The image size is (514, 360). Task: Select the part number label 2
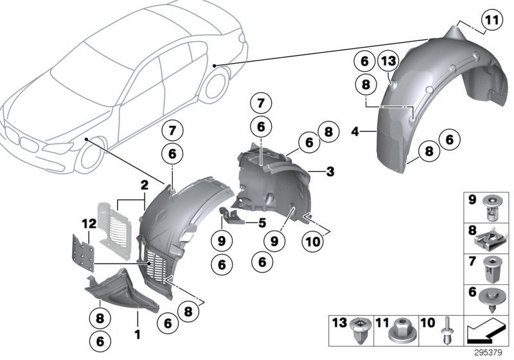[145, 184]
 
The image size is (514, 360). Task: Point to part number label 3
[330, 172]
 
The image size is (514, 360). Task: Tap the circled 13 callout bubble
[389, 61]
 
